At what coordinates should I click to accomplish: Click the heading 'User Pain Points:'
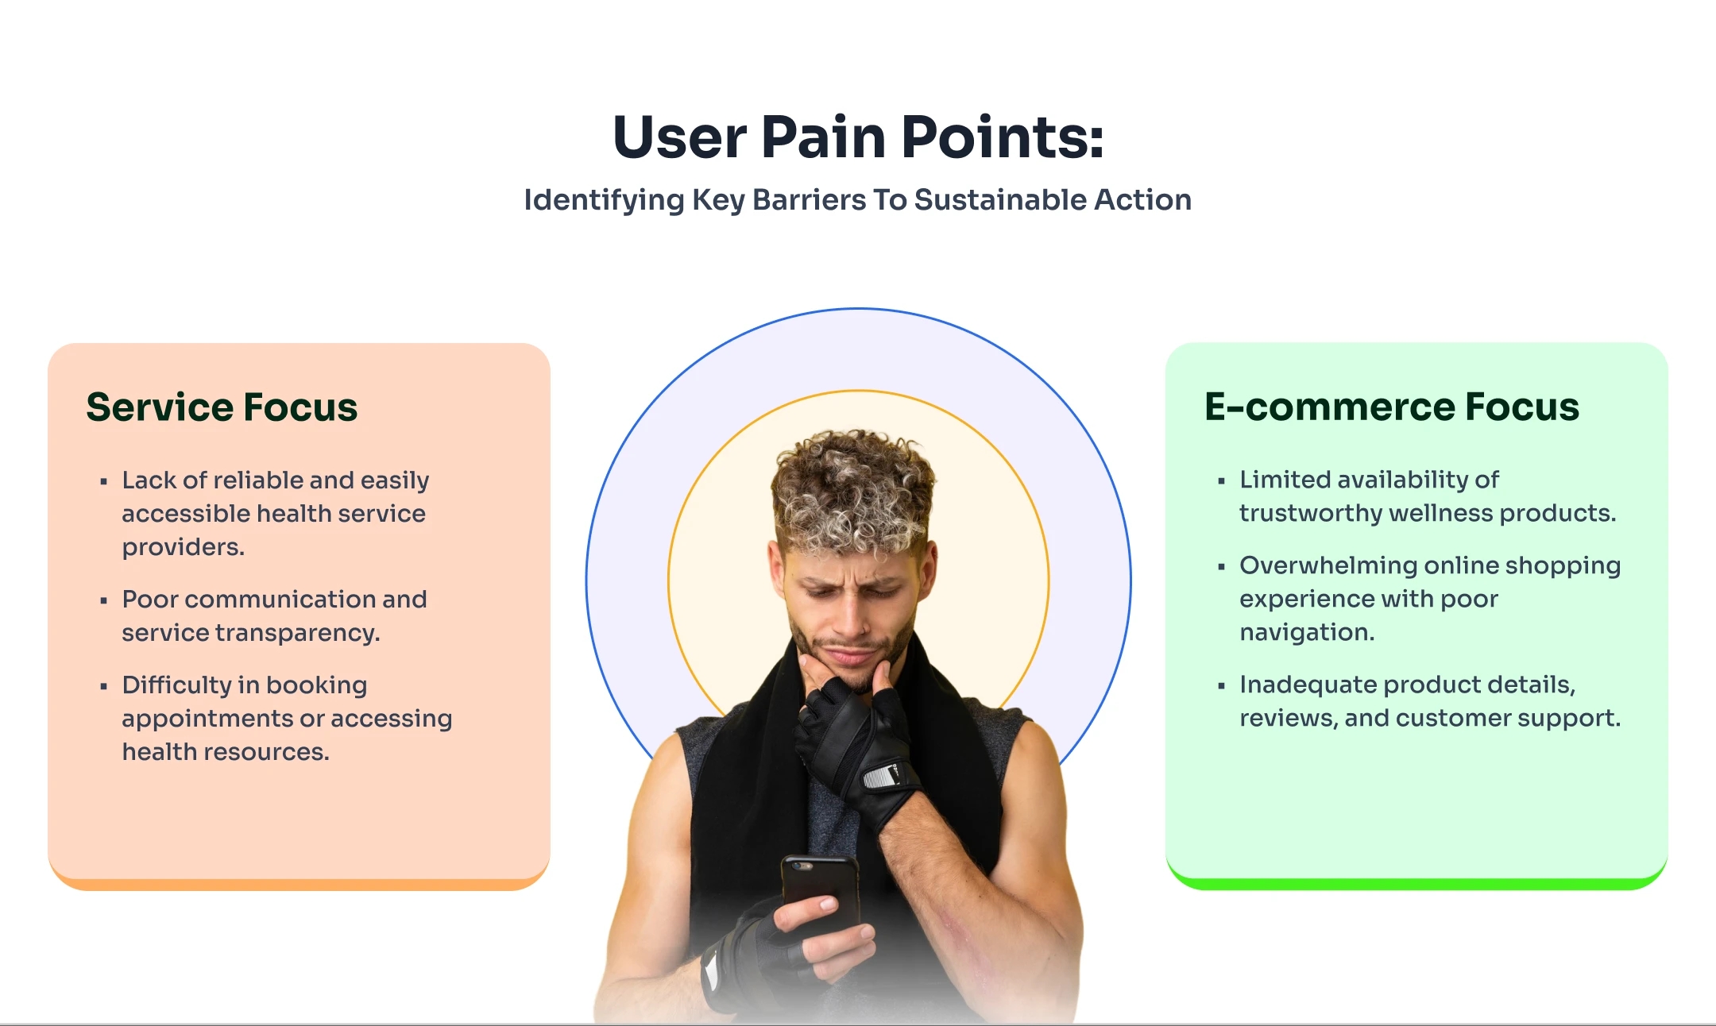(858, 137)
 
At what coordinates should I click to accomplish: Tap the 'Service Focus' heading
(222, 407)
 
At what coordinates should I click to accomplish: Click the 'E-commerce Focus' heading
(1391, 407)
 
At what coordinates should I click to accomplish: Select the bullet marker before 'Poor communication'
(103, 600)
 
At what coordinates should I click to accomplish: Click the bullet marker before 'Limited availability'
(1221, 480)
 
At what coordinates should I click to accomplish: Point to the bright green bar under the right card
(1416, 883)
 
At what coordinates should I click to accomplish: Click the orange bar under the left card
(299, 884)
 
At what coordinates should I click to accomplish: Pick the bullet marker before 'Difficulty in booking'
(103, 686)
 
